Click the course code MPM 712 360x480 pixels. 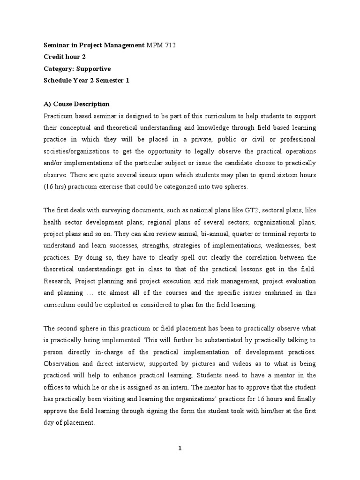point(161,45)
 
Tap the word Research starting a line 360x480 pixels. point(58,281)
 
